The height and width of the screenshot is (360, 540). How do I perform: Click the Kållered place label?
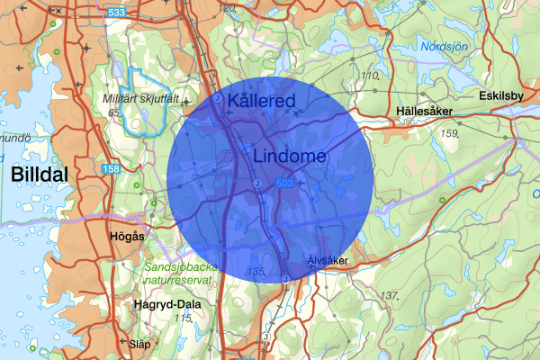[262, 101]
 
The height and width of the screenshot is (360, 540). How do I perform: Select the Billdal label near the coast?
[40, 175]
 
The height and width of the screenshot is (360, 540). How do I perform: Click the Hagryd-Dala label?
[166, 304]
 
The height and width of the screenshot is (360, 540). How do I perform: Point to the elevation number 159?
[451, 134]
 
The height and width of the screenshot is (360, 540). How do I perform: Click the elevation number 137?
[389, 295]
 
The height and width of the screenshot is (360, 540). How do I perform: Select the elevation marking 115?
[186, 318]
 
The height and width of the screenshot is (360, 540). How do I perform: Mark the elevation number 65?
[113, 112]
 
